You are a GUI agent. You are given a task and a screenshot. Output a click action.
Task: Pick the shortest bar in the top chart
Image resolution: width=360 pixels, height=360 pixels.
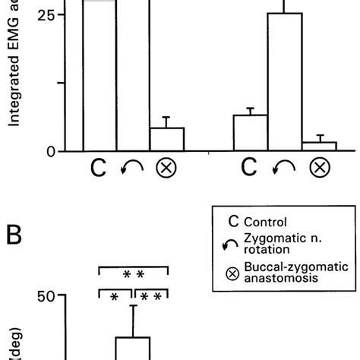(x=319, y=147)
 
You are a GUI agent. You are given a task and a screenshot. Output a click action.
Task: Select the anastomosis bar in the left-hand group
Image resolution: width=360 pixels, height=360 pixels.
(x=167, y=139)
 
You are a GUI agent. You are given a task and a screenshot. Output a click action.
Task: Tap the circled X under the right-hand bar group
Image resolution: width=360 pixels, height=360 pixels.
(x=320, y=168)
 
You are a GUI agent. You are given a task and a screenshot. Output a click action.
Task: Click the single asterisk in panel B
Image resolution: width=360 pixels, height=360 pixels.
(x=114, y=298)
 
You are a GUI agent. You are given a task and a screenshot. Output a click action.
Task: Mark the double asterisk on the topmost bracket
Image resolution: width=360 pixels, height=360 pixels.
(x=134, y=273)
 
